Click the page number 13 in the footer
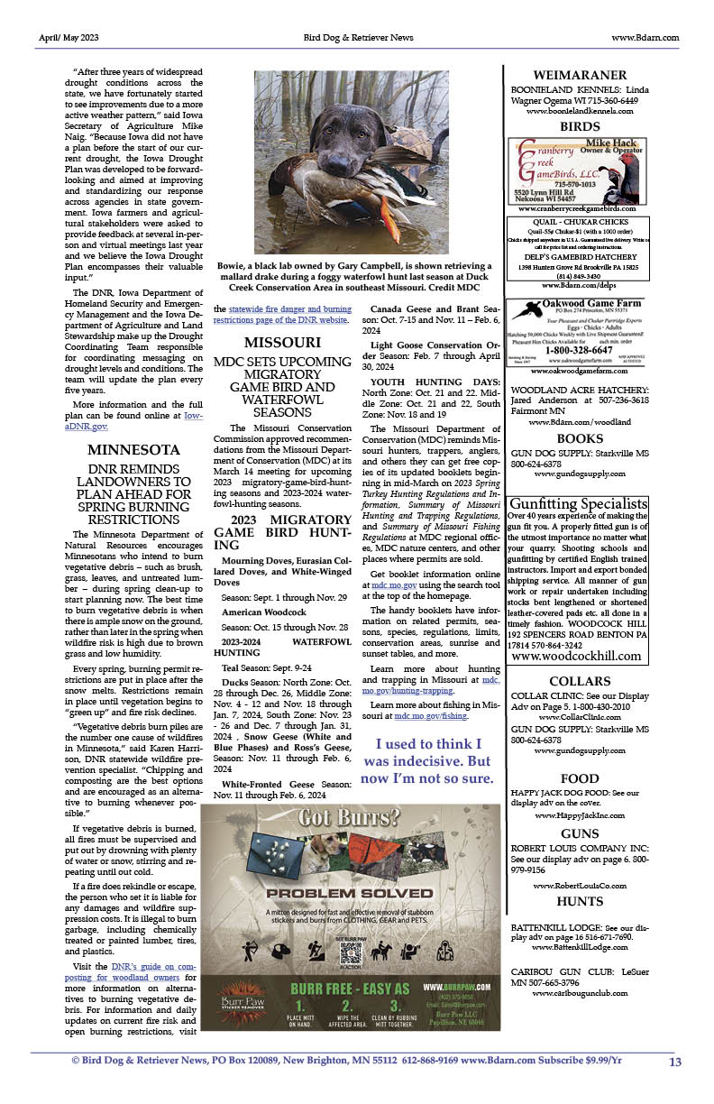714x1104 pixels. point(675,1062)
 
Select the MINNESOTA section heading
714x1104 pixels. point(133,449)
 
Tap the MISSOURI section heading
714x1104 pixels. point(282,343)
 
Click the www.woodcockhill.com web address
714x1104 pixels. point(576,656)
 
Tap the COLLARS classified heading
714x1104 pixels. point(580,681)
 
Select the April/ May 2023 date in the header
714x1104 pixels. point(69,38)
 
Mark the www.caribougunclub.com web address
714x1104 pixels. point(580,993)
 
